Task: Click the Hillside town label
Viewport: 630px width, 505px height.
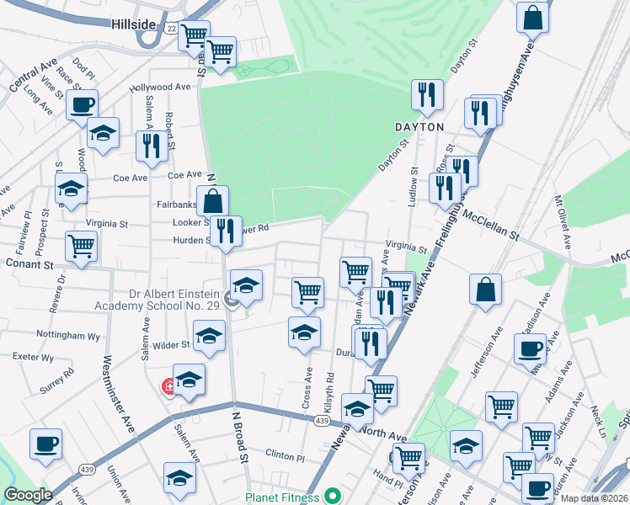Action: coord(133,24)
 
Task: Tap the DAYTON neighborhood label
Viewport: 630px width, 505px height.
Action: coord(419,127)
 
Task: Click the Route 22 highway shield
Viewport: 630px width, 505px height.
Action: coord(171,28)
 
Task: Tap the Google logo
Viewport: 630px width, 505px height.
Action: coord(28,495)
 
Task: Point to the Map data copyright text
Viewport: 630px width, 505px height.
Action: coord(593,497)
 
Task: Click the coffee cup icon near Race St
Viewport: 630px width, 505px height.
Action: coord(82,105)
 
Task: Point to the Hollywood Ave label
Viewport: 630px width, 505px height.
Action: coord(160,87)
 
